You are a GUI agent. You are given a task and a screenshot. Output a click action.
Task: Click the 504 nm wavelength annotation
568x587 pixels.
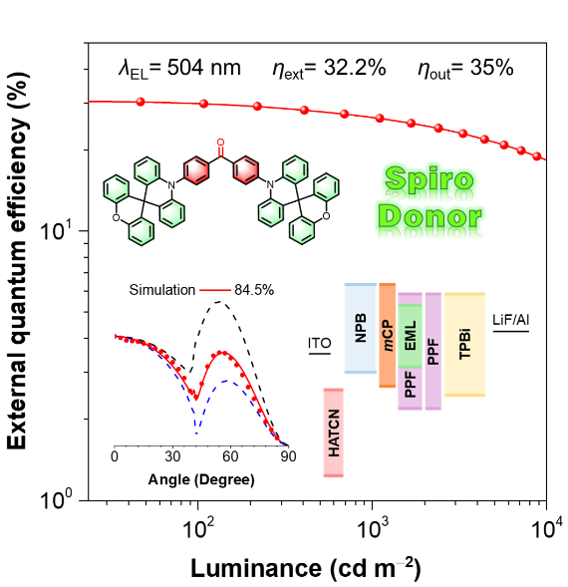point(179,69)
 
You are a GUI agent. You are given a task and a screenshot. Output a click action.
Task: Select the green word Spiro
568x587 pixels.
point(429,180)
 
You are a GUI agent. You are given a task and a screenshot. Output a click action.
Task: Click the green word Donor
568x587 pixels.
point(429,216)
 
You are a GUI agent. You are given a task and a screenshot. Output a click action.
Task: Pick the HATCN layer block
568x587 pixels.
point(333,433)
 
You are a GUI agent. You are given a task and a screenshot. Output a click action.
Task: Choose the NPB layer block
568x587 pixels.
point(360,328)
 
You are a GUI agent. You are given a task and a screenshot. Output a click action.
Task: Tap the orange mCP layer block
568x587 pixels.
point(388,335)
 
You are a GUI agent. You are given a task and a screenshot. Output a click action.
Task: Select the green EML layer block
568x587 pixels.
point(410,336)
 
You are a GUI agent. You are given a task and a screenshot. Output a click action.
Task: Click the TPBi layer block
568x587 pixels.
point(464,345)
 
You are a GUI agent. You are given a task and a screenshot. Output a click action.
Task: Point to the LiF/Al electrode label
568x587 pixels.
point(511,320)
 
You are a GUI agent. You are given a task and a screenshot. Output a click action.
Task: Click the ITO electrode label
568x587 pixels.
point(320,343)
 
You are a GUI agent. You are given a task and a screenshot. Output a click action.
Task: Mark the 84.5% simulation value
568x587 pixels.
point(254,290)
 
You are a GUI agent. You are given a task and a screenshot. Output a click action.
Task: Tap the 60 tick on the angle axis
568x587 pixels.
point(230,456)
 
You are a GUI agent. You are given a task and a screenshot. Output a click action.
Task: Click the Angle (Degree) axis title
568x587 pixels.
point(201,479)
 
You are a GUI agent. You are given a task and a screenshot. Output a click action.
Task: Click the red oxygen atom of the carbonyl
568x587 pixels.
point(220,143)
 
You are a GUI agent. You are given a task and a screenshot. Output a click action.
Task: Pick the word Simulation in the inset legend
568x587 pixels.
point(162,290)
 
